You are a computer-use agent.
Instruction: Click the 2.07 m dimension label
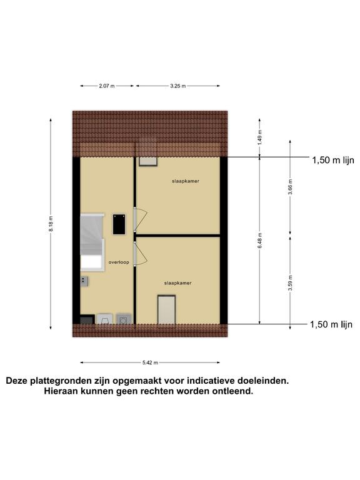point(106,86)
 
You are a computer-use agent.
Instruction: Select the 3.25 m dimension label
point(178,86)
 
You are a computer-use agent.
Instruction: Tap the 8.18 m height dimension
point(51,224)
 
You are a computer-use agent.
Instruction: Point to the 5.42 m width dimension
point(150,362)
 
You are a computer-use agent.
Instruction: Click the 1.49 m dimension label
point(260,137)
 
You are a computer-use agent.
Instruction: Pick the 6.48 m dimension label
point(260,241)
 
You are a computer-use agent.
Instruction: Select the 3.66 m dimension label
point(291,187)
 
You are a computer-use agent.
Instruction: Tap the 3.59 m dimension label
point(291,283)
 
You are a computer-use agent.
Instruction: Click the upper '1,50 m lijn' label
point(333,160)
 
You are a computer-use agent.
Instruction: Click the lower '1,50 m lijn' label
point(331,324)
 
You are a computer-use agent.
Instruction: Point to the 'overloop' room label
point(119,262)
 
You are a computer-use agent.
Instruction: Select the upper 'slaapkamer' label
point(186,181)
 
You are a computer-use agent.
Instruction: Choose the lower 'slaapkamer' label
point(178,283)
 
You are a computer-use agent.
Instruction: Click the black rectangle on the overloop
point(119,224)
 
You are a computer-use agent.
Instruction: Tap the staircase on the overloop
point(92,242)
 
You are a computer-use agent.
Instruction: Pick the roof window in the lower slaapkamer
point(166,309)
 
